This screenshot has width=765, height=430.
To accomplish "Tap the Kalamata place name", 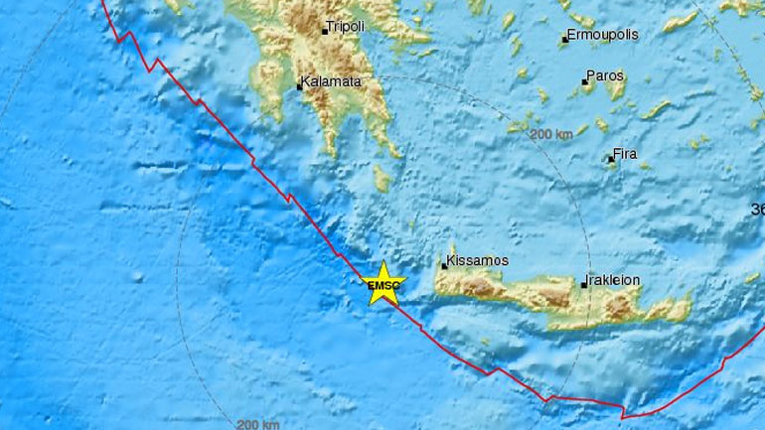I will click(333, 84).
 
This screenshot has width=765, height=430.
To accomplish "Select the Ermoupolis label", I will click(604, 35).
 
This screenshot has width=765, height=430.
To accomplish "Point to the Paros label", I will click(604, 75).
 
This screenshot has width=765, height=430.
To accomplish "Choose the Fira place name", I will click(626, 154).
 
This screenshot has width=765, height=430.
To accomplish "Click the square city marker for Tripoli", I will click(324, 32).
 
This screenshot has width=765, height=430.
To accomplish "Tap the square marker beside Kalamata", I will click(299, 87).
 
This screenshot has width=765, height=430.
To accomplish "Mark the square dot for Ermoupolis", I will click(564, 40).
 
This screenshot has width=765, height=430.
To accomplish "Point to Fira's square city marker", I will click(611, 158).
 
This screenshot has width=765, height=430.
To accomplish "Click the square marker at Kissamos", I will click(444, 265).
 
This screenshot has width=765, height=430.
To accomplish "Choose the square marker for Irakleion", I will click(584, 285).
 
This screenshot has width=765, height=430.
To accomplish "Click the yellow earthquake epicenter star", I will click(382, 284).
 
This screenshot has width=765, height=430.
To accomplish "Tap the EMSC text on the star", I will click(382, 287).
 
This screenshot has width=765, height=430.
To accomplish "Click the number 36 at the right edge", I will click(758, 210).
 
